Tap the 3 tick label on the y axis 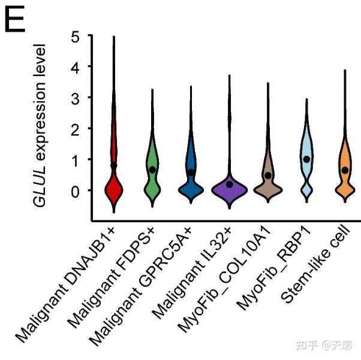(75, 97)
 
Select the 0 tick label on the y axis (75, 190)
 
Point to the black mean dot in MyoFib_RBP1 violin (306, 159)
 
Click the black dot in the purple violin (230, 184)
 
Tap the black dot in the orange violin (345, 170)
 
